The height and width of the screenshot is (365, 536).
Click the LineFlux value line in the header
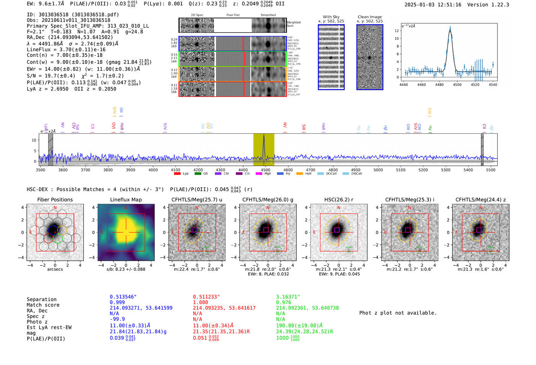[66, 49]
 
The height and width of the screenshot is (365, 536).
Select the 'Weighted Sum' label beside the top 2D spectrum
[293, 24]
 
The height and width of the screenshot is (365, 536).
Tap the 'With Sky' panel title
[331, 17]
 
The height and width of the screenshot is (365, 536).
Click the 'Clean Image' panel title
[369, 17]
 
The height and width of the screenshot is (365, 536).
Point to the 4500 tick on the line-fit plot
[457, 85]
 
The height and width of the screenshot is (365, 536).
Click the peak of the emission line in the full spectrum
[264, 136]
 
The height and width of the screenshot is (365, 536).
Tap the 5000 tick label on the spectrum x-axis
[378, 170]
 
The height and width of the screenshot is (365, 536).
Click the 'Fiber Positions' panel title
[55, 200]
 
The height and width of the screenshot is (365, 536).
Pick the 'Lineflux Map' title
[126, 200]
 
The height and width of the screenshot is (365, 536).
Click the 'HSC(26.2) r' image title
[338, 200]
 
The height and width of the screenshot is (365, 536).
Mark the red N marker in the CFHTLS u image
[197, 208]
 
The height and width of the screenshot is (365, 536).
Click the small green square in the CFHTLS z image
[490, 250]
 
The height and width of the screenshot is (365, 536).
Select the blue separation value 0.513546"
[123, 297]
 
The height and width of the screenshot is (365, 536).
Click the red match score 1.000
[201, 302]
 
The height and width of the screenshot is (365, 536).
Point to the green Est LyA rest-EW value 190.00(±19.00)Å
[299, 326]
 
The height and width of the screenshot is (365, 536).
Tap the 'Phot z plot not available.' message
[398, 313]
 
